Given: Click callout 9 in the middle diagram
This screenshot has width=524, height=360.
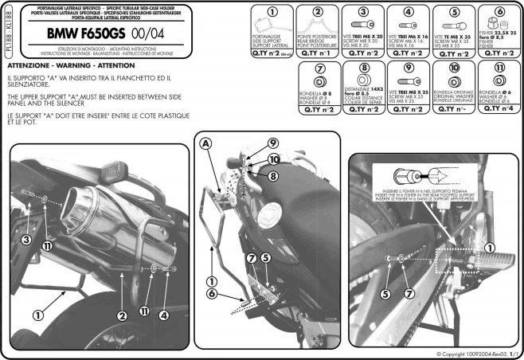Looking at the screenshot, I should [x=272, y=143].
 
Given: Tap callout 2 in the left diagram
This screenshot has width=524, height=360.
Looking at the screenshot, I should [x=122, y=315].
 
